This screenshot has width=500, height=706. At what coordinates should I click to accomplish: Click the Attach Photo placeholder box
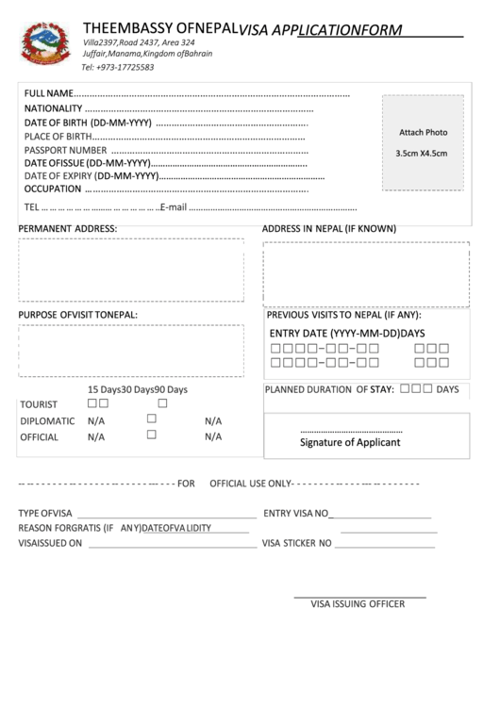tap(422, 141)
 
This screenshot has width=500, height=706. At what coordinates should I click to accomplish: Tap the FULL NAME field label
tap(48, 95)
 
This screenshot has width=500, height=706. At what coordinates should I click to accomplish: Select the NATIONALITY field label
tap(54, 109)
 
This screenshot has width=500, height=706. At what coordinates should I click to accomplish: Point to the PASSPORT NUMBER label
tap(65, 150)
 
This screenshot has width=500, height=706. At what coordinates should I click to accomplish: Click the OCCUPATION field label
tap(53, 189)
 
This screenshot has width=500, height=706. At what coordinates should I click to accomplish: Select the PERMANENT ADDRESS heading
tap(68, 229)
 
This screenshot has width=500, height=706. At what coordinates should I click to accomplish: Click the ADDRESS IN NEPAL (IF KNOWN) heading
tap(328, 229)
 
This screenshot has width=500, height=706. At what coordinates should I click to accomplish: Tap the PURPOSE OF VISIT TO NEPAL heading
tap(78, 314)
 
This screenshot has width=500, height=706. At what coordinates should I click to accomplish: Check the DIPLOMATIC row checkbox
tap(151, 419)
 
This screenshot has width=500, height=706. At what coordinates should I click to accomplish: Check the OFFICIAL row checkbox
tap(151, 435)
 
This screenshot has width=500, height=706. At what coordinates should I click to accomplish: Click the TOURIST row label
tap(39, 404)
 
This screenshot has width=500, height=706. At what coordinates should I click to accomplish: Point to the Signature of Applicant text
tap(350, 442)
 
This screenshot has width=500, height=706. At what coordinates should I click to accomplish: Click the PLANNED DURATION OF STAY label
tap(328, 388)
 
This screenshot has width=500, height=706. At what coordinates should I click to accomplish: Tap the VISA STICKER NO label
tap(296, 544)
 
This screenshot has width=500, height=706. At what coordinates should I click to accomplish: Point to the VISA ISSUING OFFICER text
tap(358, 604)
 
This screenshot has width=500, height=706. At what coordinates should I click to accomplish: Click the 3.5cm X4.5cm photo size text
tap(422, 153)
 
